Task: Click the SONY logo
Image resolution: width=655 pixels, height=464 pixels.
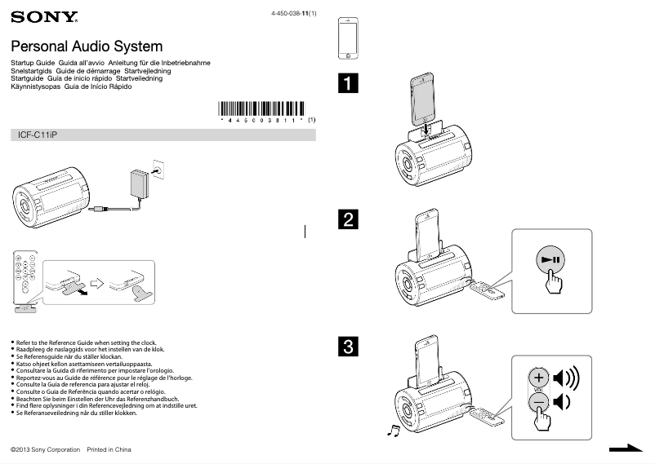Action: [45, 17]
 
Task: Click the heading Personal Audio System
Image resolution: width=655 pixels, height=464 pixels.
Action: [87, 46]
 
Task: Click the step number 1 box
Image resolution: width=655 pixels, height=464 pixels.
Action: [349, 83]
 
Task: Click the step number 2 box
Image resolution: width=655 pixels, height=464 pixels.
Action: [349, 219]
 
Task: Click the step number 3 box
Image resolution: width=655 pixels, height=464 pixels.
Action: [349, 347]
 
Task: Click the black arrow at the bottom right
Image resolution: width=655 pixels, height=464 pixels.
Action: [627, 448]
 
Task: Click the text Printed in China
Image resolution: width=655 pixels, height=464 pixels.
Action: [109, 449]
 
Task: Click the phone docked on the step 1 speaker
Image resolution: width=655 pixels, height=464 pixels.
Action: [425, 99]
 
